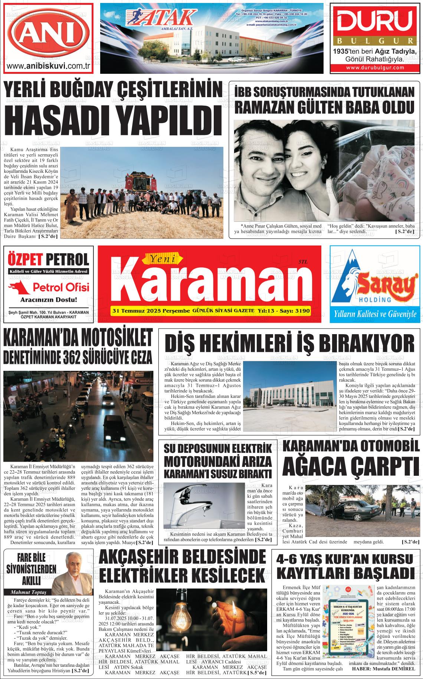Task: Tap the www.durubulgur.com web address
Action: pos(375,68)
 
